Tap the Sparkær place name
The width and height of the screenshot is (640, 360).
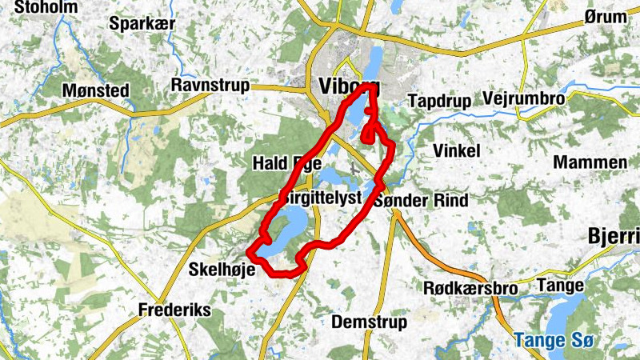(x=142, y=22)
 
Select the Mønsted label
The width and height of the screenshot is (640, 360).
(x=95, y=90)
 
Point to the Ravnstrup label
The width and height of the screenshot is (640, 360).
(x=210, y=85)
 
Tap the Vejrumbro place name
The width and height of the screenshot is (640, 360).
(x=524, y=98)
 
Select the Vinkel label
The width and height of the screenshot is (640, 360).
(x=455, y=151)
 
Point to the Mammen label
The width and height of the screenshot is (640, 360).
(x=590, y=162)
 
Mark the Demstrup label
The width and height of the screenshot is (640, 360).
(x=369, y=322)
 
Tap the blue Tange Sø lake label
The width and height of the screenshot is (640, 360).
(x=554, y=340)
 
